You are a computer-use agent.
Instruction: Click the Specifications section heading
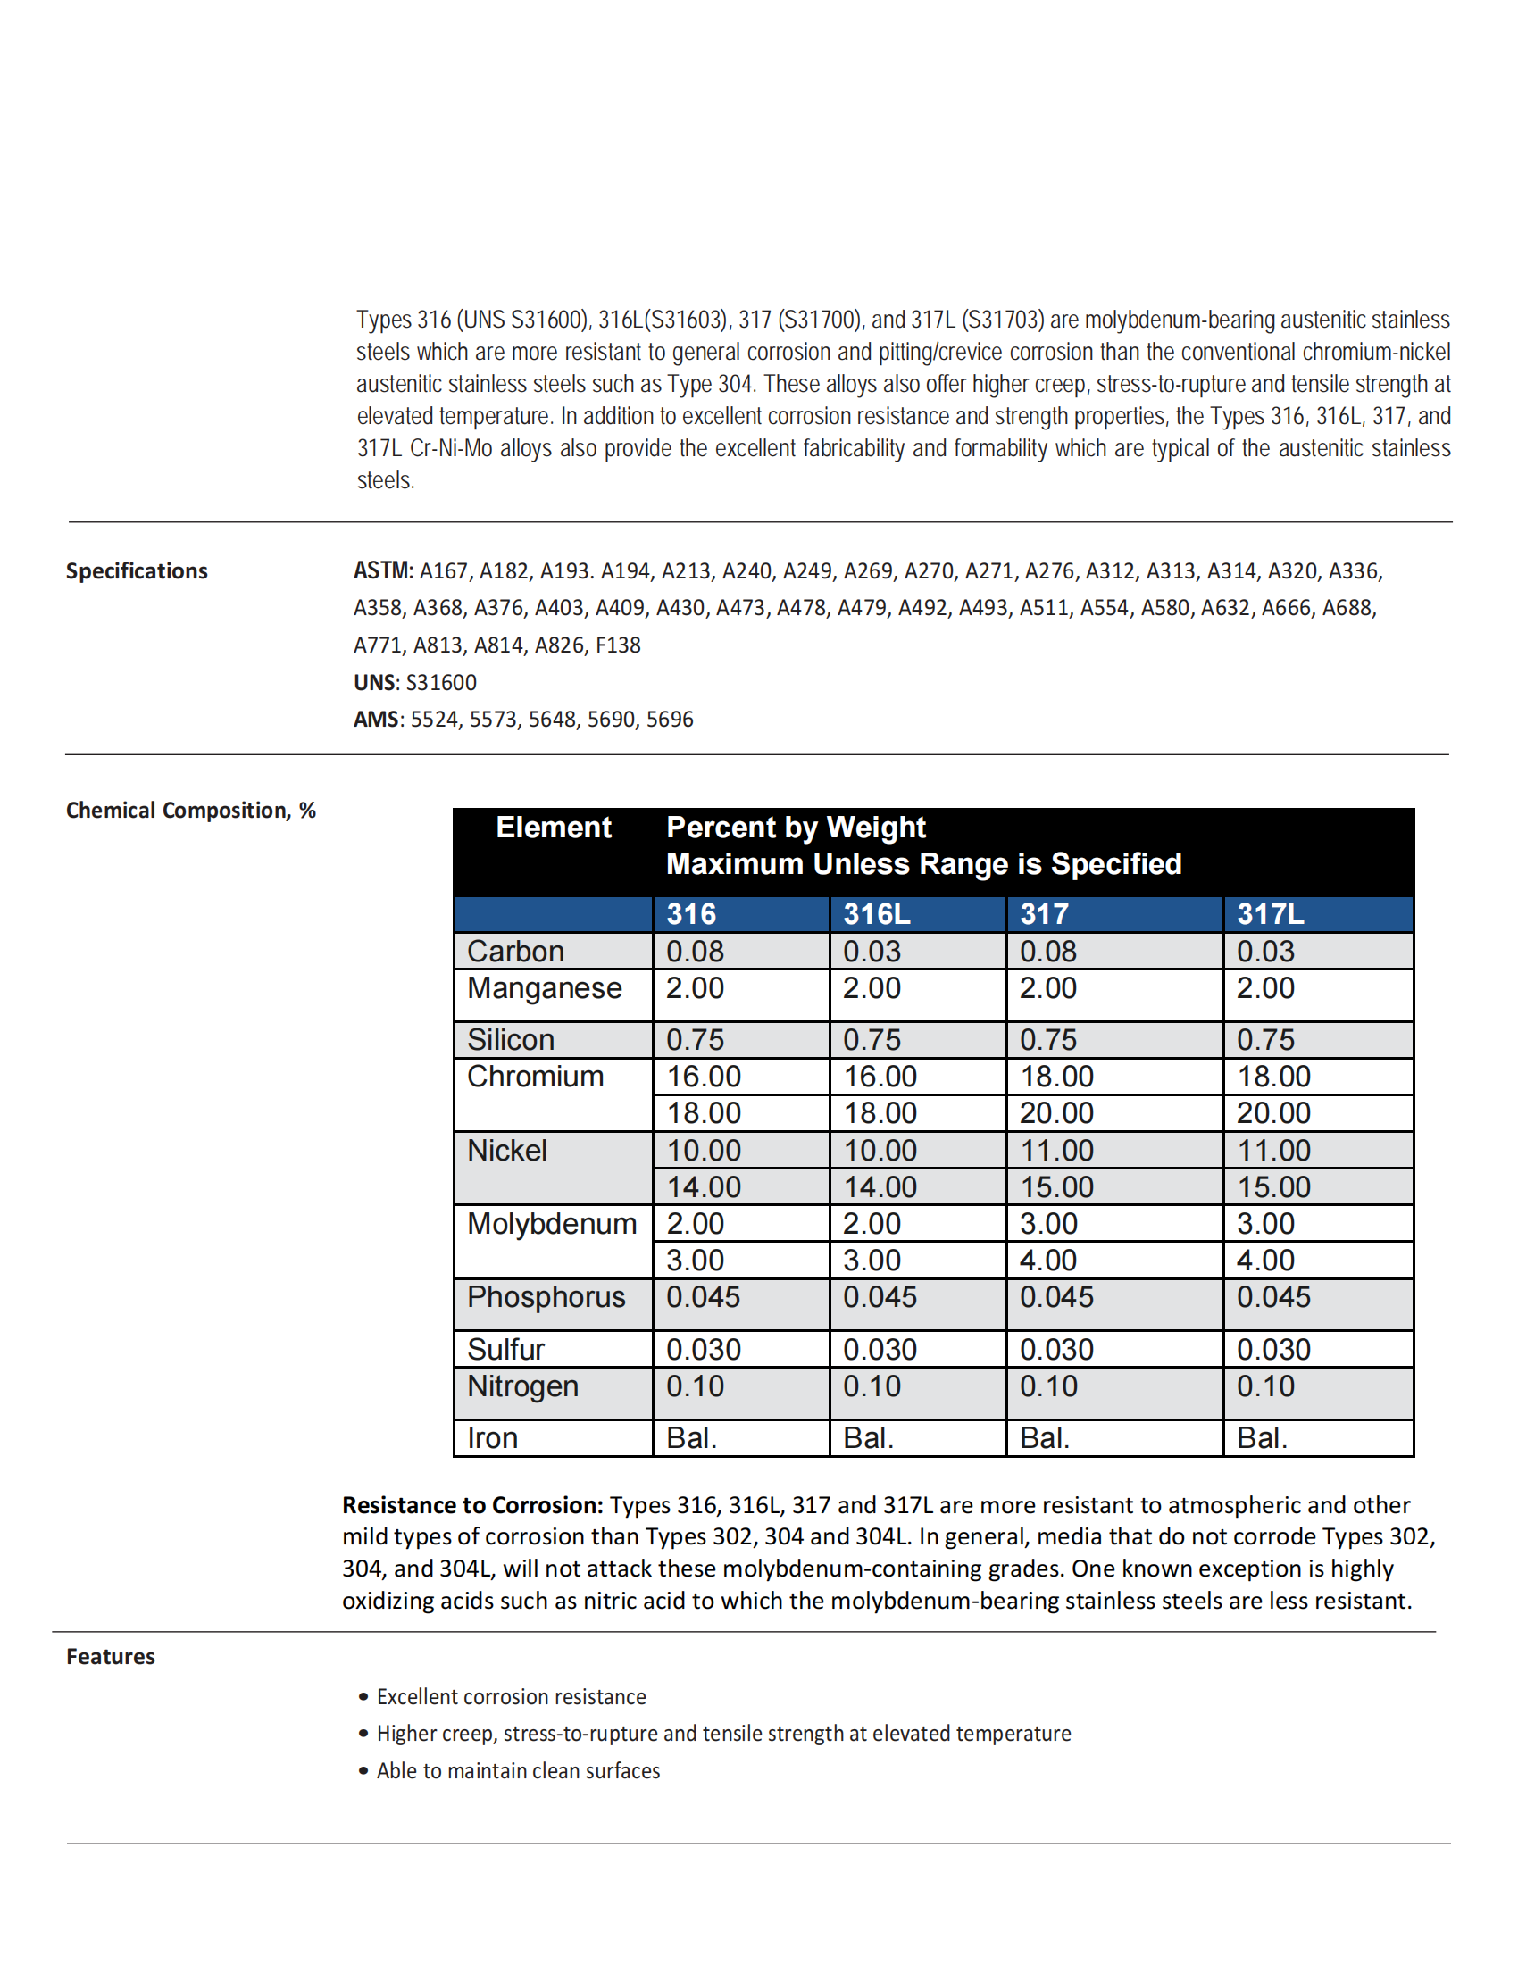tap(137, 571)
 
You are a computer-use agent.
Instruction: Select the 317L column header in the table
tap(1270, 913)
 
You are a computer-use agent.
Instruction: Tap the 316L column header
tap(876, 913)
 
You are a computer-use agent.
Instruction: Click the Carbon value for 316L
tap(872, 952)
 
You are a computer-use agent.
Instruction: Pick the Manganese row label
tap(544, 988)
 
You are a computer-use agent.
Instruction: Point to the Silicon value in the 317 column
tap(1047, 1039)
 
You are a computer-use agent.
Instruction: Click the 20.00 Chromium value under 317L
tap(1273, 1113)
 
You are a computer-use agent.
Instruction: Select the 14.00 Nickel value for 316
tap(704, 1187)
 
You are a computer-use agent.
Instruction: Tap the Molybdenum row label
tap(551, 1224)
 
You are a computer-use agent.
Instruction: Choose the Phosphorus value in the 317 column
tap(1056, 1297)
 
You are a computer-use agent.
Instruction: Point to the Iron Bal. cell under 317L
tap(1262, 1438)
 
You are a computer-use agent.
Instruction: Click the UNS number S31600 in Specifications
tap(441, 683)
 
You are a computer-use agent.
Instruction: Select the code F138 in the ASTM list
tap(618, 645)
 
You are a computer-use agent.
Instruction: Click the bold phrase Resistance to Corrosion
tap(472, 1505)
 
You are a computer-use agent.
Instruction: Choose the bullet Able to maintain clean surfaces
tap(518, 1770)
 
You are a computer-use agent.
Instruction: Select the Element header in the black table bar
tap(553, 828)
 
